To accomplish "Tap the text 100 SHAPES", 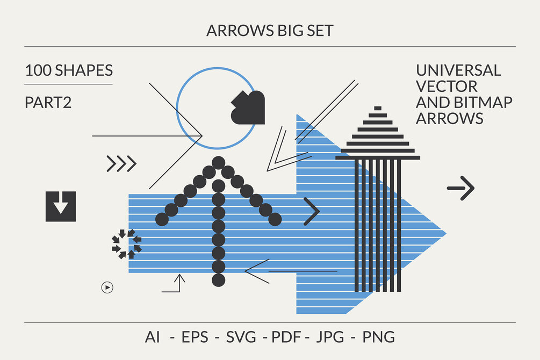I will click(x=69, y=70).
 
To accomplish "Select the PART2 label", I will click(x=48, y=103).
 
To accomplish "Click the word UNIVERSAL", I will click(x=458, y=70).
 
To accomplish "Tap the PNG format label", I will click(x=379, y=337).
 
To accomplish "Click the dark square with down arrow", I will click(x=61, y=206).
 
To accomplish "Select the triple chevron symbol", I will click(x=121, y=163).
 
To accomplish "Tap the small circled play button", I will click(x=107, y=287).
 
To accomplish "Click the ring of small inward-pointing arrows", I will click(x=126, y=244).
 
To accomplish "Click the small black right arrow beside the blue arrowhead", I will click(x=461, y=188).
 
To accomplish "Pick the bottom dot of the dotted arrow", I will click(x=218, y=279).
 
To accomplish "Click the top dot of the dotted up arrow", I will click(x=218, y=162).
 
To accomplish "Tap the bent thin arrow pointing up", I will click(x=174, y=284).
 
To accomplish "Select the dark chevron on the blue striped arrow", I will click(x=312, y=211).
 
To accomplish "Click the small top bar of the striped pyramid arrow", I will click(x=378, y=108).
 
